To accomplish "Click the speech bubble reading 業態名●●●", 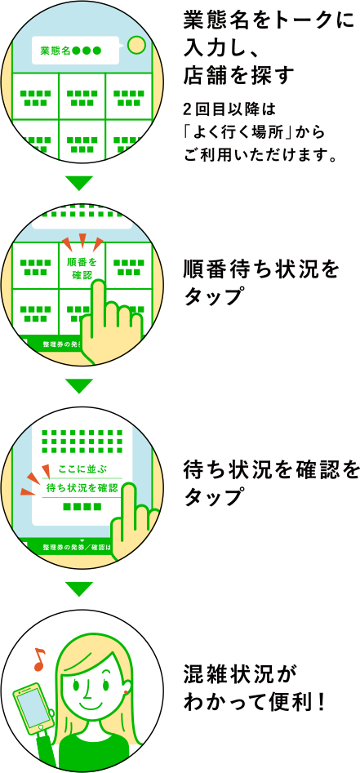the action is click(x=75, y=51).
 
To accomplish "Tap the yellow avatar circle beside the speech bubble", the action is click(x=136, y=45).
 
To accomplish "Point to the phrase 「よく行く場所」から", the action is click(x=255, y=133).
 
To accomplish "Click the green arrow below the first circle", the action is click(x=79, y=183).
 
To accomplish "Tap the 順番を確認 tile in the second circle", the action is click(x=82, y=269).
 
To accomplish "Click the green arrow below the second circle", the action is click(x=79, y=385).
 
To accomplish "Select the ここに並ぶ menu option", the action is click(x=82, y=468).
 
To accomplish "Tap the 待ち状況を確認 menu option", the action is click(x=82, y=488).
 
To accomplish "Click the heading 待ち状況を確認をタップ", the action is click(x=269, y=482).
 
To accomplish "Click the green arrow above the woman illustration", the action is click(x=79, y=589).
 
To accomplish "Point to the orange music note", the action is click(x=39, y=659).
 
